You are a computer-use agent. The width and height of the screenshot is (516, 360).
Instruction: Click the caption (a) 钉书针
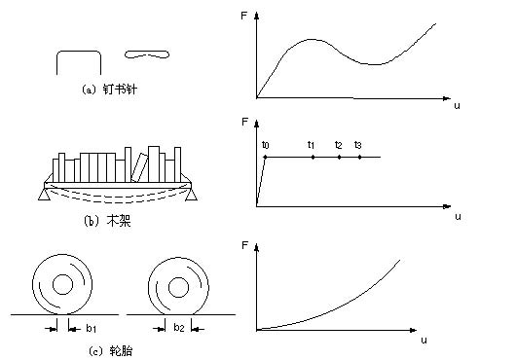tap(109, 90)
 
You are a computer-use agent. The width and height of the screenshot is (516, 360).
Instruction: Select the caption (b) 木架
tap(107, 221)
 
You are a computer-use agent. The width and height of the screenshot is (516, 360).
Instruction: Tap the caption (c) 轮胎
tap(111, 351)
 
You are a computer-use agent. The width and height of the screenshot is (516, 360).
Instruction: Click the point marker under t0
tap(265, 158)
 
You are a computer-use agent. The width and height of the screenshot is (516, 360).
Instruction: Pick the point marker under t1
tap(313, 158)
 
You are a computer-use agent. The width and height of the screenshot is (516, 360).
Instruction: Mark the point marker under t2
tap(339, 158)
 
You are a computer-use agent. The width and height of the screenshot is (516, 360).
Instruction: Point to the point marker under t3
tap(359, 158)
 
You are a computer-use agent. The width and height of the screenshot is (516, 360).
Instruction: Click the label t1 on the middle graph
tap(311, 145)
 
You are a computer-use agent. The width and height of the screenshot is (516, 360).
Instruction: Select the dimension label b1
tap(92, 328)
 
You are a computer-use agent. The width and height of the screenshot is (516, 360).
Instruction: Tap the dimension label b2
tap(179, 327)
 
